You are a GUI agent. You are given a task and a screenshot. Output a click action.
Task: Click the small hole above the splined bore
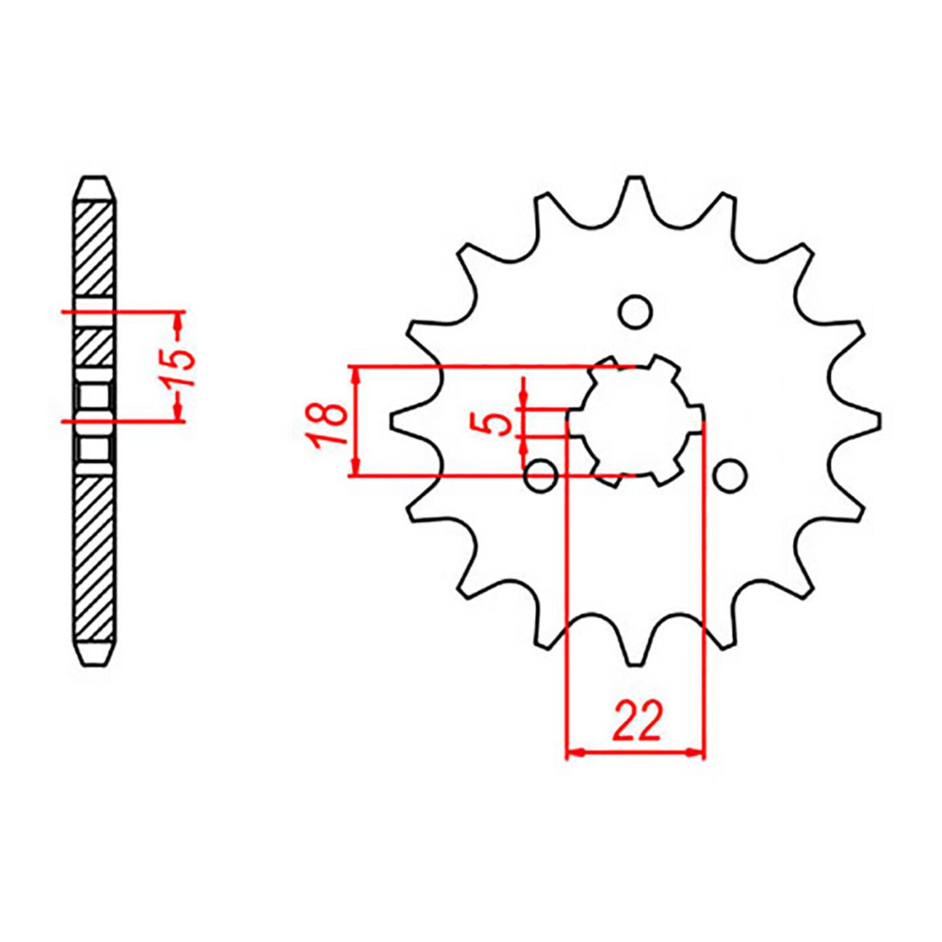click(636, 310)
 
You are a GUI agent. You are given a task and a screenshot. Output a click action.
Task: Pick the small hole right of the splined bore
click(731, 475)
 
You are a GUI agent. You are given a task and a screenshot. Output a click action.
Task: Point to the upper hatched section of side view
click(94, 247)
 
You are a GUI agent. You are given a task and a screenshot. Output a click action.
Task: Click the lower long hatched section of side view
click(94, 559)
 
